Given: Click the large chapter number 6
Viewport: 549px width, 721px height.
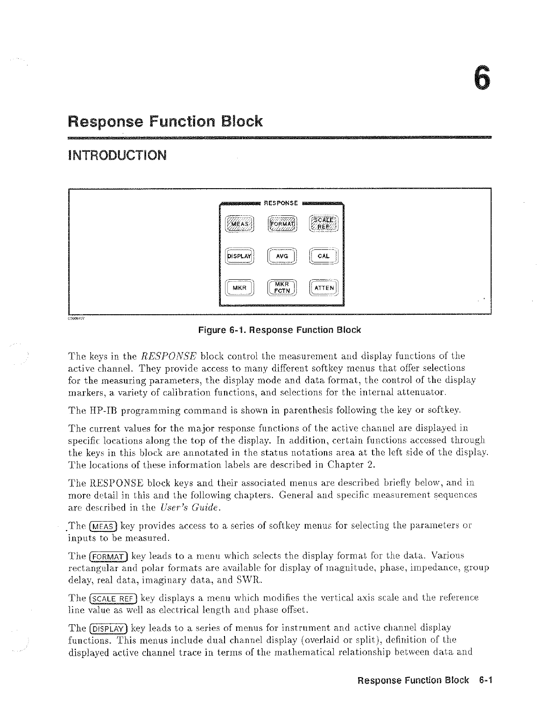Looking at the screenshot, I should click(x=482, y=77).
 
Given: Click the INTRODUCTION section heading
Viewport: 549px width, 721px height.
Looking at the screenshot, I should click(x=117, y=155).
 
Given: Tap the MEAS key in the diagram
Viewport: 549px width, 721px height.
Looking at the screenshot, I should click(x=239, y=224).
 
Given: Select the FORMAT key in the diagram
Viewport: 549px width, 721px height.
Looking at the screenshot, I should click(x=282, y=224).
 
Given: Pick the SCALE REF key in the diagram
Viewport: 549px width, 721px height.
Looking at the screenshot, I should click(x=326, y=224).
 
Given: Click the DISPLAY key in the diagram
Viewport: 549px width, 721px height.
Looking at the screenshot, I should click(x=239, y=256).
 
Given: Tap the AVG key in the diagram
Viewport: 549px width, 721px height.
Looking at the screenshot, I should click(x=282, y=256).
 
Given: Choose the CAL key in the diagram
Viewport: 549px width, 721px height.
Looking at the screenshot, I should click(x=326, y=256).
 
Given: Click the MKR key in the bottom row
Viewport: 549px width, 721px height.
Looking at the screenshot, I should click(x=239, y=288).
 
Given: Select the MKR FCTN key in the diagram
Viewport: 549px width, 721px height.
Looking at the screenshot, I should click(x=282, y=288).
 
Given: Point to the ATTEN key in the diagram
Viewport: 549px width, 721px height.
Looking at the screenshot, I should click(x=326, y=288).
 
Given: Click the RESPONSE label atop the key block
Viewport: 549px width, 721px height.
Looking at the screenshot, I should click(x=281, y=203).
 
